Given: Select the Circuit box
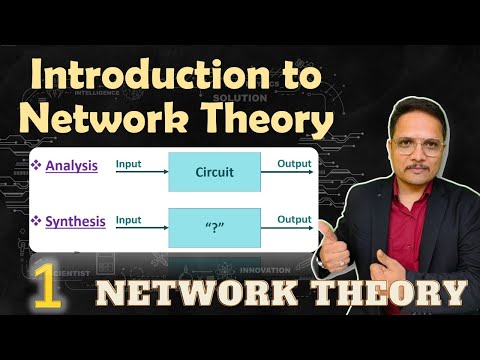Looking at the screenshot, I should [x=214, y=172].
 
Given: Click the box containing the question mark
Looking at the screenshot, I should [x=214, y=227].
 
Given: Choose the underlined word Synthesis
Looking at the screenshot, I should [x=76, y=220].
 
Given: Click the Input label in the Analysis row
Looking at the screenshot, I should [x=128, y=163].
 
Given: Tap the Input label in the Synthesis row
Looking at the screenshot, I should [x=128, y=218].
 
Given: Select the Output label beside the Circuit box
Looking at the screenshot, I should [x=294, y=163].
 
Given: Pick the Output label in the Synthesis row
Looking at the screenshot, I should [x=294, y=218].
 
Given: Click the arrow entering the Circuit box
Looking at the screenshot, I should [x=140, y=172].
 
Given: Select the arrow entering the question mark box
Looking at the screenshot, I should [x=140, y=227].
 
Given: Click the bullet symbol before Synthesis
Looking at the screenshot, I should [x=38, y=221].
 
